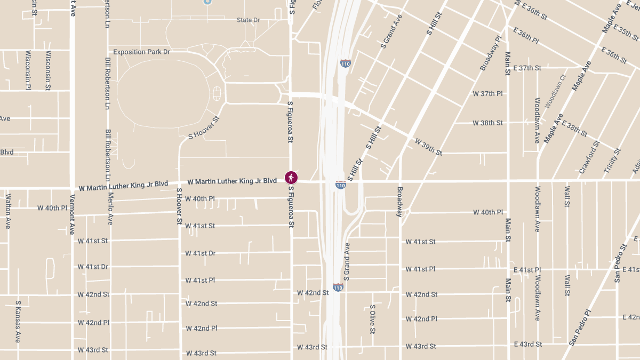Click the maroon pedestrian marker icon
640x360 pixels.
(291, 178)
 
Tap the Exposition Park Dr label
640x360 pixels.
(141, 52)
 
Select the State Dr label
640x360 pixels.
(248, 20)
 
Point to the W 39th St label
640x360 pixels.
(428, 147)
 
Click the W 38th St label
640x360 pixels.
(487, 123)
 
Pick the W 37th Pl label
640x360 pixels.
(487, 93)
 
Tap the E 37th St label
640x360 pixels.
(526, 68)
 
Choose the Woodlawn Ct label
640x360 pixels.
(555, 91)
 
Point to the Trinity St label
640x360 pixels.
(613, 159)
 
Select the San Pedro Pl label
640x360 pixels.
(580, 327)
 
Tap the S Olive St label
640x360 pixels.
(373, 319)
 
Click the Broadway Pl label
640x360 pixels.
(491, 53)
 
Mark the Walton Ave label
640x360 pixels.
(8, 211)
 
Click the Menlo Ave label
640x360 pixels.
(110, 209)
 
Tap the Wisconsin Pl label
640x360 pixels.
(28, 70)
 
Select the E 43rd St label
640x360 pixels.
(527, 344)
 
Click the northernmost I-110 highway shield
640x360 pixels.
(346, 63)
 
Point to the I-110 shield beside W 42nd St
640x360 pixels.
(338, 287)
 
